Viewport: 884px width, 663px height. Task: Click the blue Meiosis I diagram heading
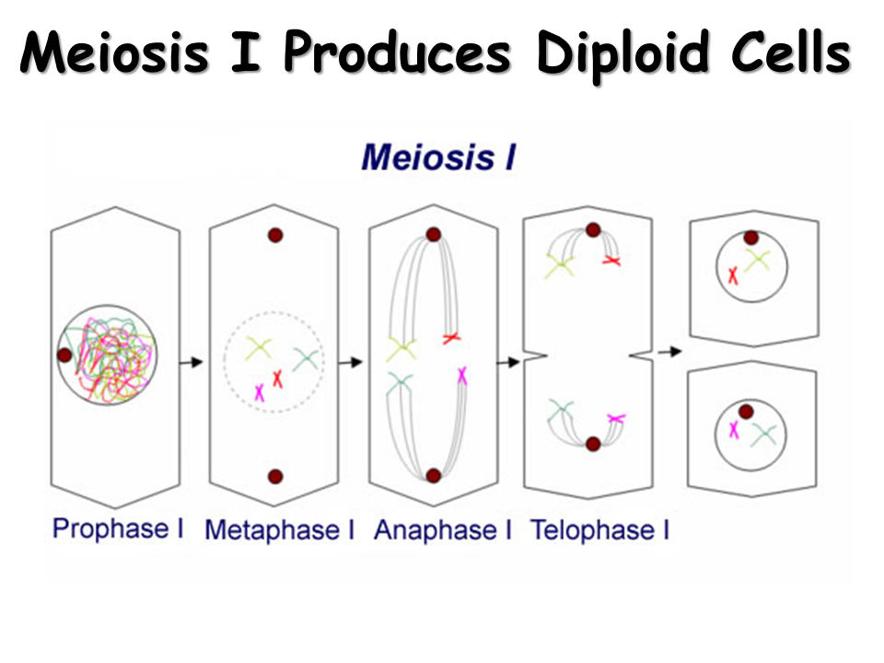tap(438, 157)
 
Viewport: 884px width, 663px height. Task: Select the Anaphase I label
tap(442, 530)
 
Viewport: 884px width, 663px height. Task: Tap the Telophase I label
tap(599, 530)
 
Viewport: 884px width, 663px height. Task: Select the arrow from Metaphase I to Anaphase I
tap(350, 362)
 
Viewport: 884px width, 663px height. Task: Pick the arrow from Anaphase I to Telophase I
tap(508, 362)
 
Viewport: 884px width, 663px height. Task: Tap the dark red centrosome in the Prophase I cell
tap(64, 355)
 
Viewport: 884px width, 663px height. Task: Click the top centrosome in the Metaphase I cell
tap(274, 236)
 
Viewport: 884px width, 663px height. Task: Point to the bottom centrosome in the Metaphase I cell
tap(274, 476)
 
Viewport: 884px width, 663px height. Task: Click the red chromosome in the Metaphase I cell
tap(277, 378)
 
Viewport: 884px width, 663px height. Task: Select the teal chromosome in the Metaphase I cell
tap(307, 359)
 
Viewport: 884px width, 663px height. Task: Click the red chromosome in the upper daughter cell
tap(733, 274)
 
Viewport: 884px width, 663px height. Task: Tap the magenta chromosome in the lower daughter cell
tap(734, 429)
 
